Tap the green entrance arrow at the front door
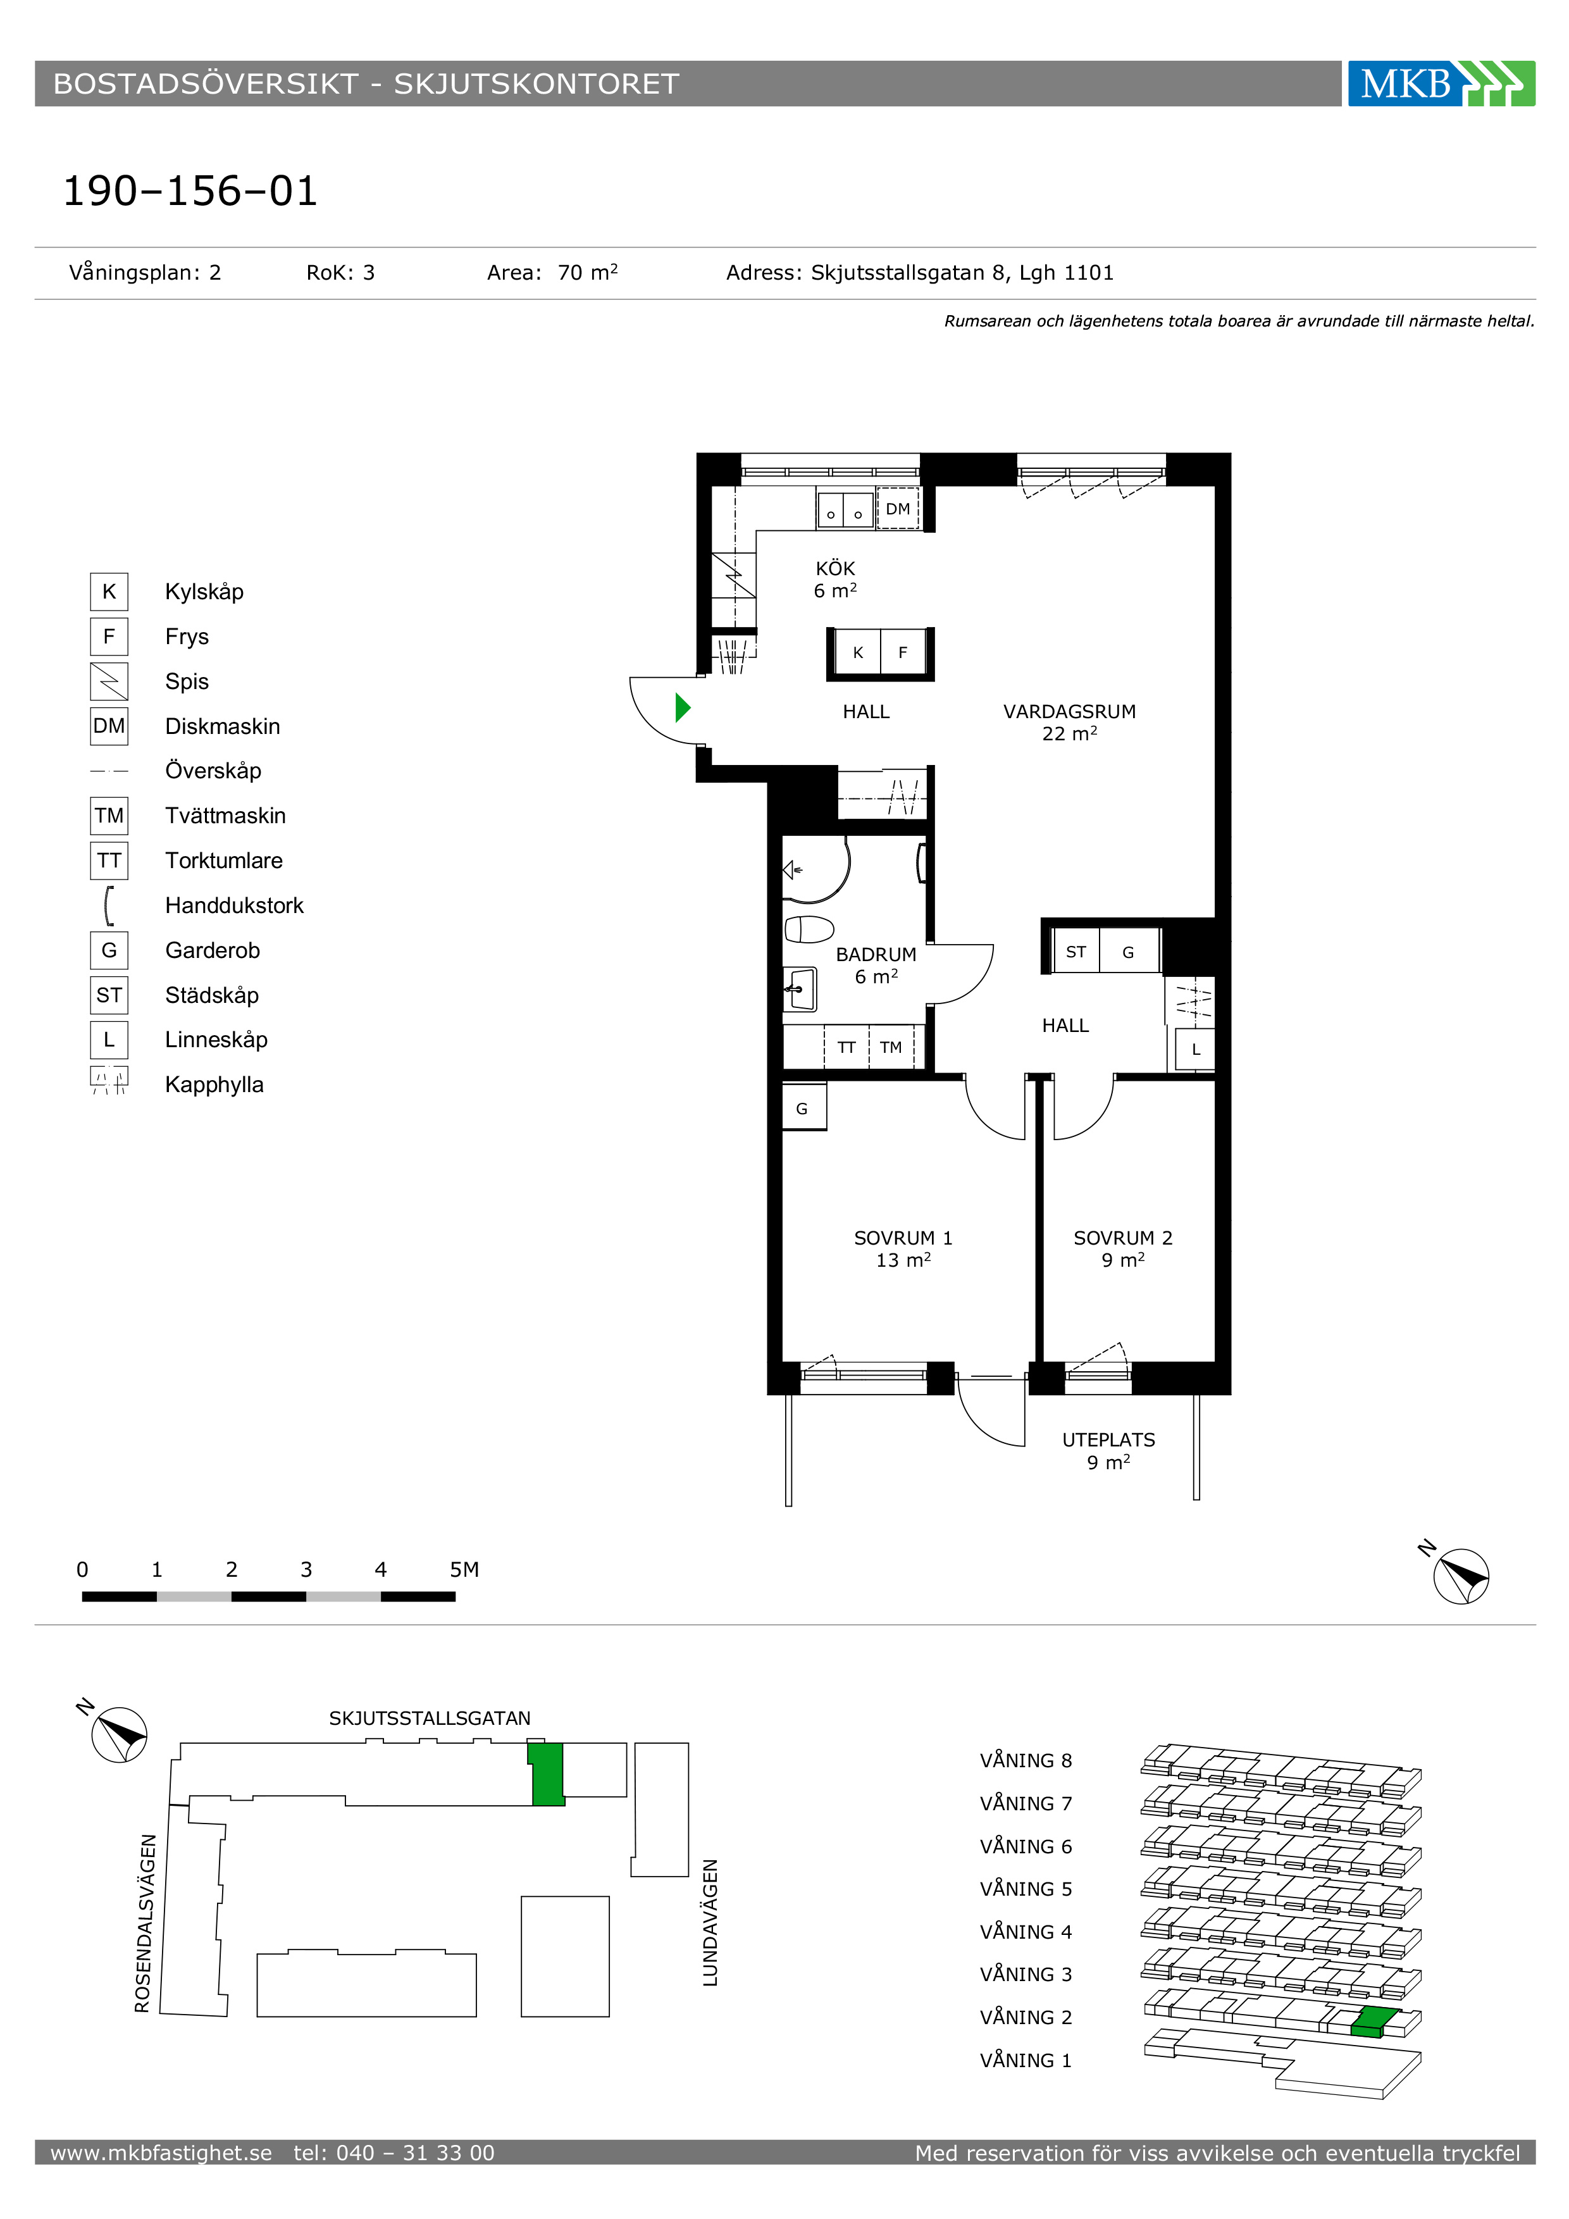pos(682,707)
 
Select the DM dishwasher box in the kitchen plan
pos(898,508)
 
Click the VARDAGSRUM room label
pos(1069,711)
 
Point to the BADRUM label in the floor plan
pos(876,954)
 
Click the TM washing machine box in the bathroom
pos(891,1047)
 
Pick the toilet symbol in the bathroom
pos(809,929)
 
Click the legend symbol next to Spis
pos(109,681)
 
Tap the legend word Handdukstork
pos(234,905)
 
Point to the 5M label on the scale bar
pos(464,1570)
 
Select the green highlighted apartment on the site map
pos(547,1774)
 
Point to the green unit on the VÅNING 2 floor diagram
pos(1375,2022)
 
